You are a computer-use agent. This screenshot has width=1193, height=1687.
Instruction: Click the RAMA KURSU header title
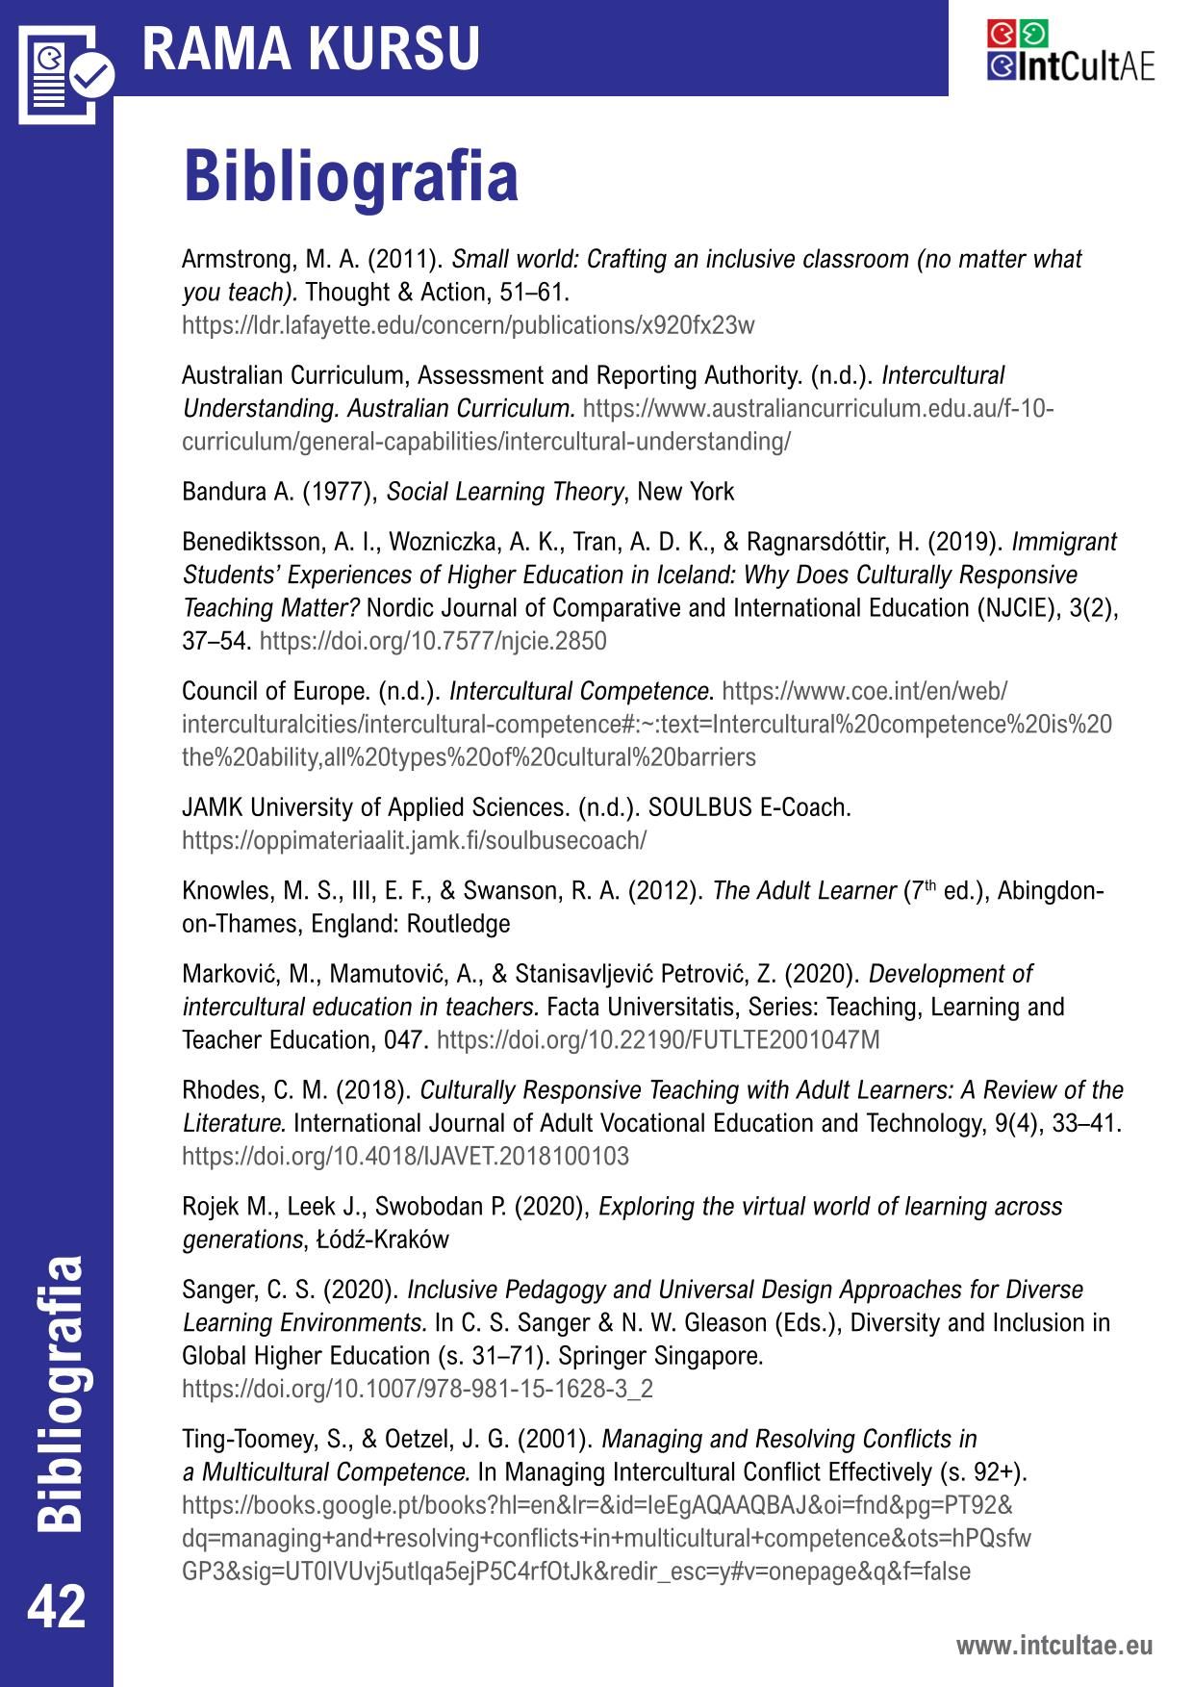pyautogui.click(x=311, y=48)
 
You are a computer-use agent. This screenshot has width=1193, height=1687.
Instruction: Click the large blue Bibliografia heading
pyautogui.click(x=350, y=176)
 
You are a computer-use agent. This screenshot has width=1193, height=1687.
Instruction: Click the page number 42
pyautogui.click(x=57, y=1606)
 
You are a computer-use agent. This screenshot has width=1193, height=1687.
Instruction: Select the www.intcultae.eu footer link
pyautogui.click(x=1053, y=1645)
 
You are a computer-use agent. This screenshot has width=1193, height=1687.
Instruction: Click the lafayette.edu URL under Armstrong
pyautogui.click(x=468, y=325)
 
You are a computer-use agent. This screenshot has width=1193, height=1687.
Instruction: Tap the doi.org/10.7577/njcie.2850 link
pyautogui.click(x=433, y=641)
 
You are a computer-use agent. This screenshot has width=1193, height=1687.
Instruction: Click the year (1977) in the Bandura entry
pyautogui.click(x=339, y=492)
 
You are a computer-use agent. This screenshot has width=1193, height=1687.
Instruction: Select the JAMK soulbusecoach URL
pyautogui.click(x=414, y=840)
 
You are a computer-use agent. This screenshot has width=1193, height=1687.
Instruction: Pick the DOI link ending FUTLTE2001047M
pyautogui.click(x=658, y=1040)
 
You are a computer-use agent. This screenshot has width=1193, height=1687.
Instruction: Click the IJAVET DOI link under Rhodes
pyautogui.click(x=405, y=1156)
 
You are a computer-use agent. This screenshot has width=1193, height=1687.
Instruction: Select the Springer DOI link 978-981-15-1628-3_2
pyautogui.click(x=418, y=1389)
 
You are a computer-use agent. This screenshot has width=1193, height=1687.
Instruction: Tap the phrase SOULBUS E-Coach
pyautogui.click(x=749, y=807)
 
